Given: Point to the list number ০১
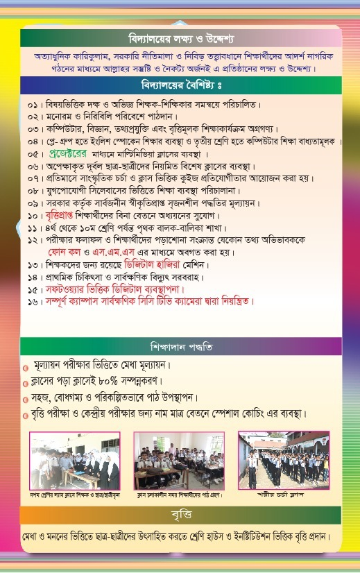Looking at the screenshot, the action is [x=35, y=105].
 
